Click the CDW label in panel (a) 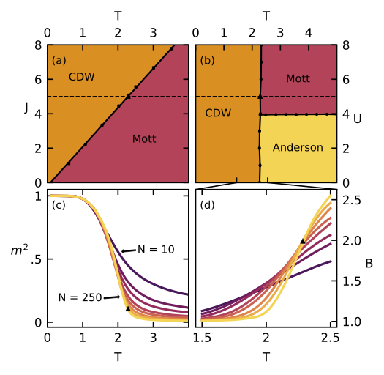tap(81, 77)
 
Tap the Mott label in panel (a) tap(144, 139)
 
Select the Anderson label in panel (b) tap(298, 147)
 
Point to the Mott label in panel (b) tap(298, 78)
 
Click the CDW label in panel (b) tap(218, 113)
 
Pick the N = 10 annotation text tap(156, 250)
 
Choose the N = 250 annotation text tap(80, 297)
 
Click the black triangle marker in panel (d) tap(303, 242)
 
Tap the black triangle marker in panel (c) tap(128, 309)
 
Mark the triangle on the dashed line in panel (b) tap(260, 97)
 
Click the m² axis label tap(19, 250)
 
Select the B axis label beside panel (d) tap(369, 264)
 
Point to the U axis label tap(358, 119)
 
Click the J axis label tap(26, 108)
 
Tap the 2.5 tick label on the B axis tap(352, 201)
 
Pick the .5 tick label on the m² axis tap(37, 259)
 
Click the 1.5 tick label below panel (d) tap(202, 338)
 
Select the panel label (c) tap(59, 205)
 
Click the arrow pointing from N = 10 tap(129, 250)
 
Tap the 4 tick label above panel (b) tap(309, 33)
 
